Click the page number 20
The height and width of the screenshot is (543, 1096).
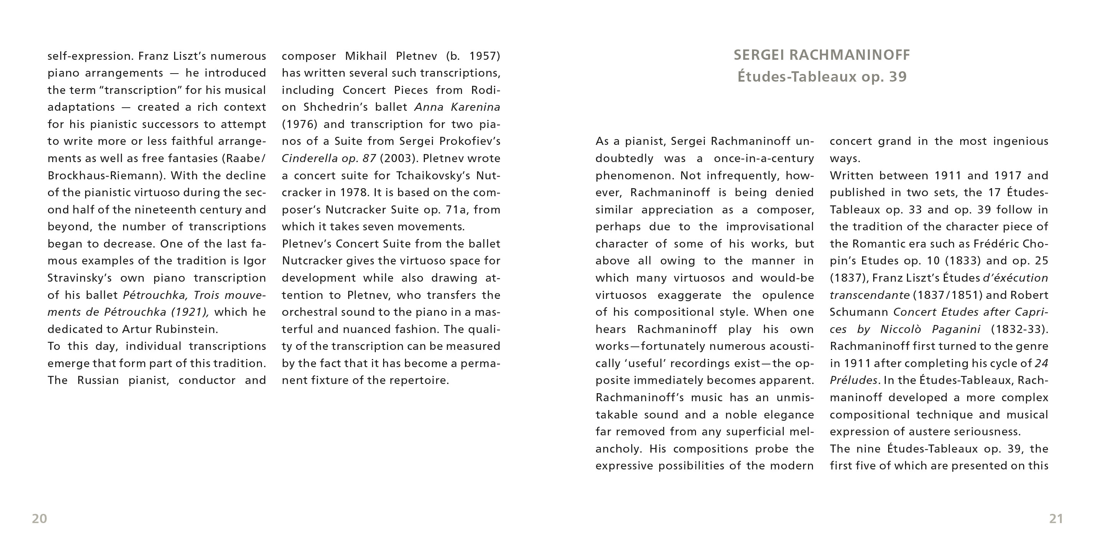click(x=39, y=519)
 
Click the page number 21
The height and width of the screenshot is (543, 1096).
click(x=1056, y=519)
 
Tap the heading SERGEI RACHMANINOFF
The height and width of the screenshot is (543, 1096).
click(x=821, y=55)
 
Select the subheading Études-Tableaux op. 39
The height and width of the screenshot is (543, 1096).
click(x=821, y=77)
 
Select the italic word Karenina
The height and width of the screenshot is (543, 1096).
click(x=475, y=107)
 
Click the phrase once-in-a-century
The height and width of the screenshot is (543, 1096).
click(x=764, y=159)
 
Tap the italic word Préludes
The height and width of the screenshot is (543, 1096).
click(x=853, y=380)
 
